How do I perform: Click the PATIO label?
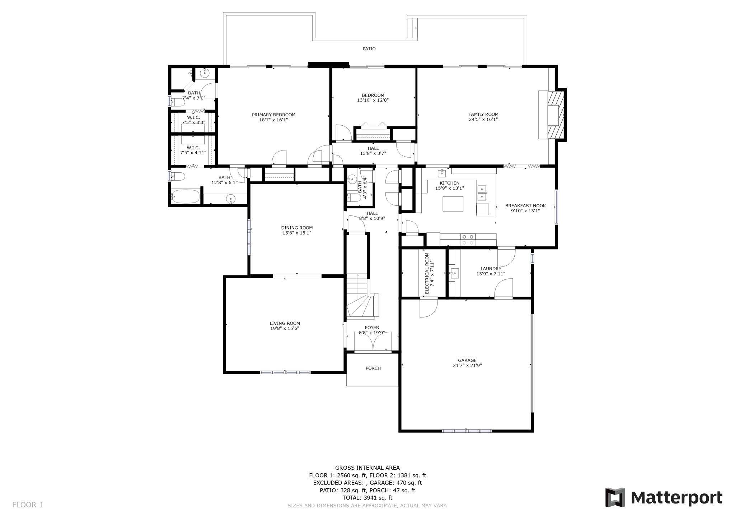[x=369, y=49]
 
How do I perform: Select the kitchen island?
[x=453, y=204]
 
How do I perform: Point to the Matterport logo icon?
[x=615, y=497]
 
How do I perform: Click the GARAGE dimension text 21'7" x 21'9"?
[x=467, y=366]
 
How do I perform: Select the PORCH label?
[x=373, y=368]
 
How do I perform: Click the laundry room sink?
[x=454, y=273]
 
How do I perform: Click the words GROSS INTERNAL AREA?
[x=367, y=468]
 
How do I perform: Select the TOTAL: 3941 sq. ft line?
[x=367, y=498]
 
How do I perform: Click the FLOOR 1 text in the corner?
[x=28, y=505]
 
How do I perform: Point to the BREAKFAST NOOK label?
[x=525, y=206]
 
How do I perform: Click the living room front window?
[x=285, y=372]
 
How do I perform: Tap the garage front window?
[x=467, y=431]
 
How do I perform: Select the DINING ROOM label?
[x=297, y=228]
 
